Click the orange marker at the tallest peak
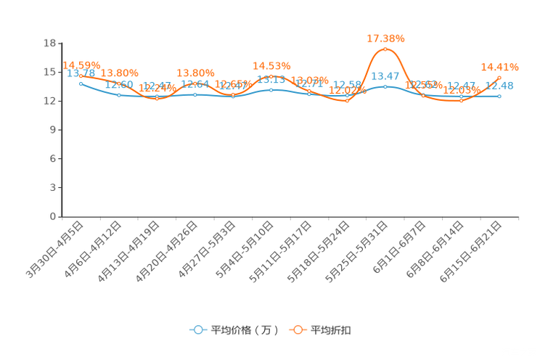pyautogui.click(x=385, y=48)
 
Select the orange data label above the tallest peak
pyautogui.click(x=385, y=37)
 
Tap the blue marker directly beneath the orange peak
pyautogui.click(x=385, y=86)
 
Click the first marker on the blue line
pyautogui.click(x=80, y=83)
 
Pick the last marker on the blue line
pyautogui.click(x=499, y=96)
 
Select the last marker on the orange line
pyautogui.click(x=499, y=76)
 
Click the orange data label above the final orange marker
pyautogui.click(x=500, y=67)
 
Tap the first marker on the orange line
pyautogui.click(x=80, y=73)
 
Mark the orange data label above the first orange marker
pyautogui.click(x=81, y=64)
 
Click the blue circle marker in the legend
pyautogui.click(x=198, y=330)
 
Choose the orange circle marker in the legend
pyautogui.click(x=298, y=330)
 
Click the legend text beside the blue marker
pyautogui.click(x=245, y=330)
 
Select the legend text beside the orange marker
pyautogui.click(x=332, y=330)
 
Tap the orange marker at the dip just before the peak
pyautogui.click(x=347, y=102)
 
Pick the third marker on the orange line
pyautogui.click(x=157, y=99)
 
